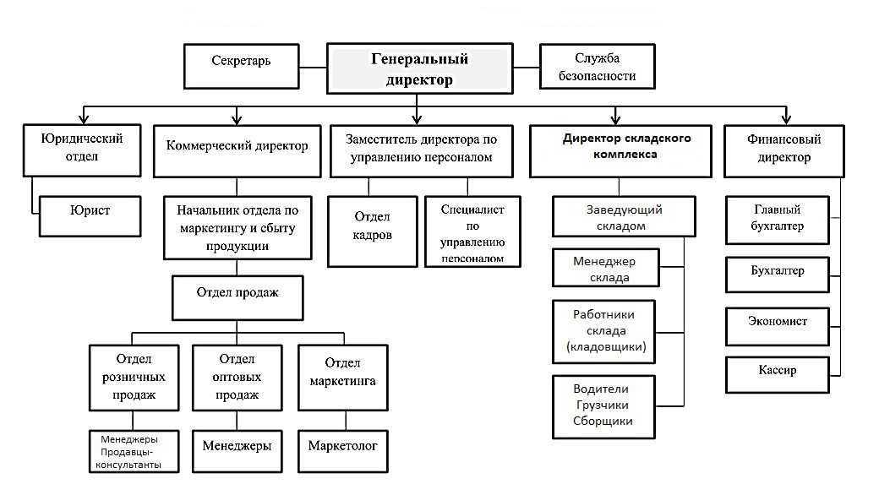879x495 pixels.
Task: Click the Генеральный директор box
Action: click(x=420, y=69)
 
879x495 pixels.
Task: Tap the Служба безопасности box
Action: click(x=597, y=68)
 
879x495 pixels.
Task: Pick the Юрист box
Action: click(x=90, y=208)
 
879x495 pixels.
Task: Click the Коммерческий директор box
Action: click(x=237, y=145)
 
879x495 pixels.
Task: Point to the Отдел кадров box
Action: click(x=372, y=231)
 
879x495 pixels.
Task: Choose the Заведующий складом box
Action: click(x=624, y=217)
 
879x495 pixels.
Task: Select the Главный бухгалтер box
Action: click(x=777, y=217)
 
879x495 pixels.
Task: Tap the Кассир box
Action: click(x=777, y=371)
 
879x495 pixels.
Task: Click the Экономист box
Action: click(x=777, y=322)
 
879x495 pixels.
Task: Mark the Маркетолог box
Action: click(x=342, y=445)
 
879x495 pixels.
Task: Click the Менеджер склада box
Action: click(x=603, y=269)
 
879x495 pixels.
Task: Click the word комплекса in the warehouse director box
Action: click(x=625, y=155)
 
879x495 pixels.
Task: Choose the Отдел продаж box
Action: click(x=237, y=293)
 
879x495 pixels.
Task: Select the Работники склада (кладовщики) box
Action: click(x=603, y=330)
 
